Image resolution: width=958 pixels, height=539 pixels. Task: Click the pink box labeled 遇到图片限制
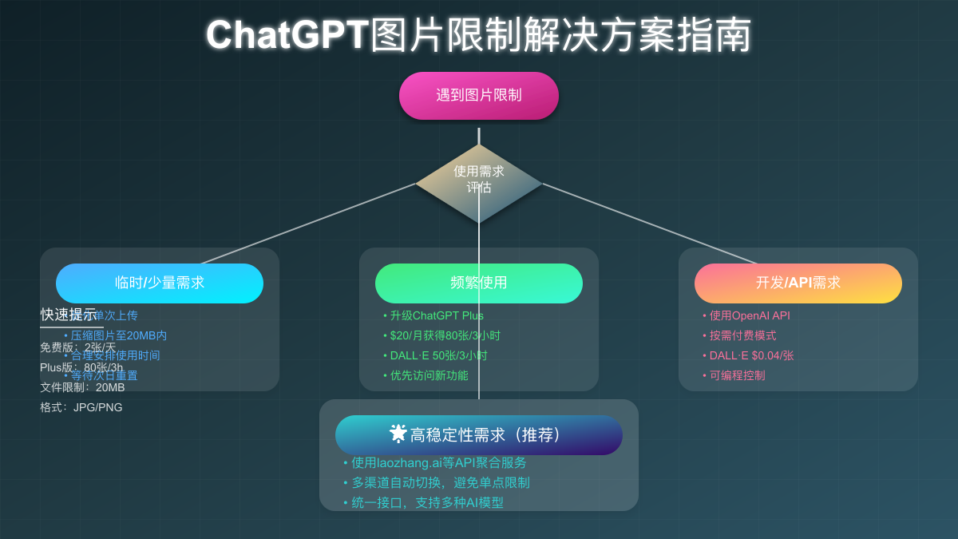pos(478,95)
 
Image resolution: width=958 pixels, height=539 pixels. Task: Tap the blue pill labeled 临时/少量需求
pos(160,283)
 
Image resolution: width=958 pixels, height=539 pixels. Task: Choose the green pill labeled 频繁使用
pos(478,283)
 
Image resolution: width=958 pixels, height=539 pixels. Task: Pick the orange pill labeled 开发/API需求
pos(798,283)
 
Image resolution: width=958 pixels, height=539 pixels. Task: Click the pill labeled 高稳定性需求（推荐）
pos(478,435)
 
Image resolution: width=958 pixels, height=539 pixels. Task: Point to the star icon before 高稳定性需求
pos(398,434)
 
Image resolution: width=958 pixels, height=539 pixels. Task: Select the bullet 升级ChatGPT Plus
pos(436,315)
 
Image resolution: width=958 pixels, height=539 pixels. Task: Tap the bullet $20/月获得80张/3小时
pos(444,335)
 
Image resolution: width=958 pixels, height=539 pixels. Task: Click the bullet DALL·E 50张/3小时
pos(437,355)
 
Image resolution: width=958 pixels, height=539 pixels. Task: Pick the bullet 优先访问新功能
pos(428,375)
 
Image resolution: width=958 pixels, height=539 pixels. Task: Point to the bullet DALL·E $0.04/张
pos(750,355)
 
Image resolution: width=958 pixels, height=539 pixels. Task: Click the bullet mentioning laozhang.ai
pos(437,463)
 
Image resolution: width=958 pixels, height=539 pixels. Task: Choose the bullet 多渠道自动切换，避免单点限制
pos(439,483)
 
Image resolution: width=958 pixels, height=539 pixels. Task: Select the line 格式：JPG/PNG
pos(81,407)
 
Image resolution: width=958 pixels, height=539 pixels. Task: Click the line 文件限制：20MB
pos(82,387)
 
